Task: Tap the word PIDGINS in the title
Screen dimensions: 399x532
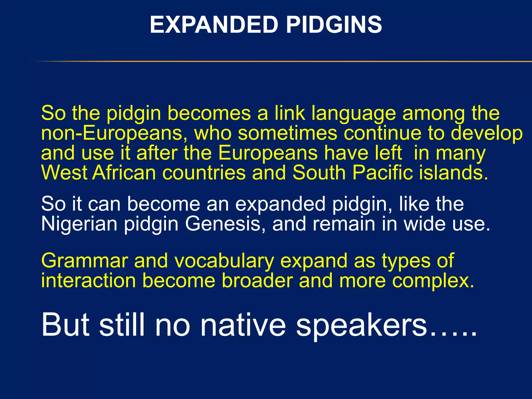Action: [334, 25]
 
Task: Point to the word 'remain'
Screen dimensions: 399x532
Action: [344, 224]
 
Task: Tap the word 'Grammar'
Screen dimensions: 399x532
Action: [85, 261]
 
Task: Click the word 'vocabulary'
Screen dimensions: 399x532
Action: [224, 261]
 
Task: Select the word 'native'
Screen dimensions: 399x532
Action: [243, 325]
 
